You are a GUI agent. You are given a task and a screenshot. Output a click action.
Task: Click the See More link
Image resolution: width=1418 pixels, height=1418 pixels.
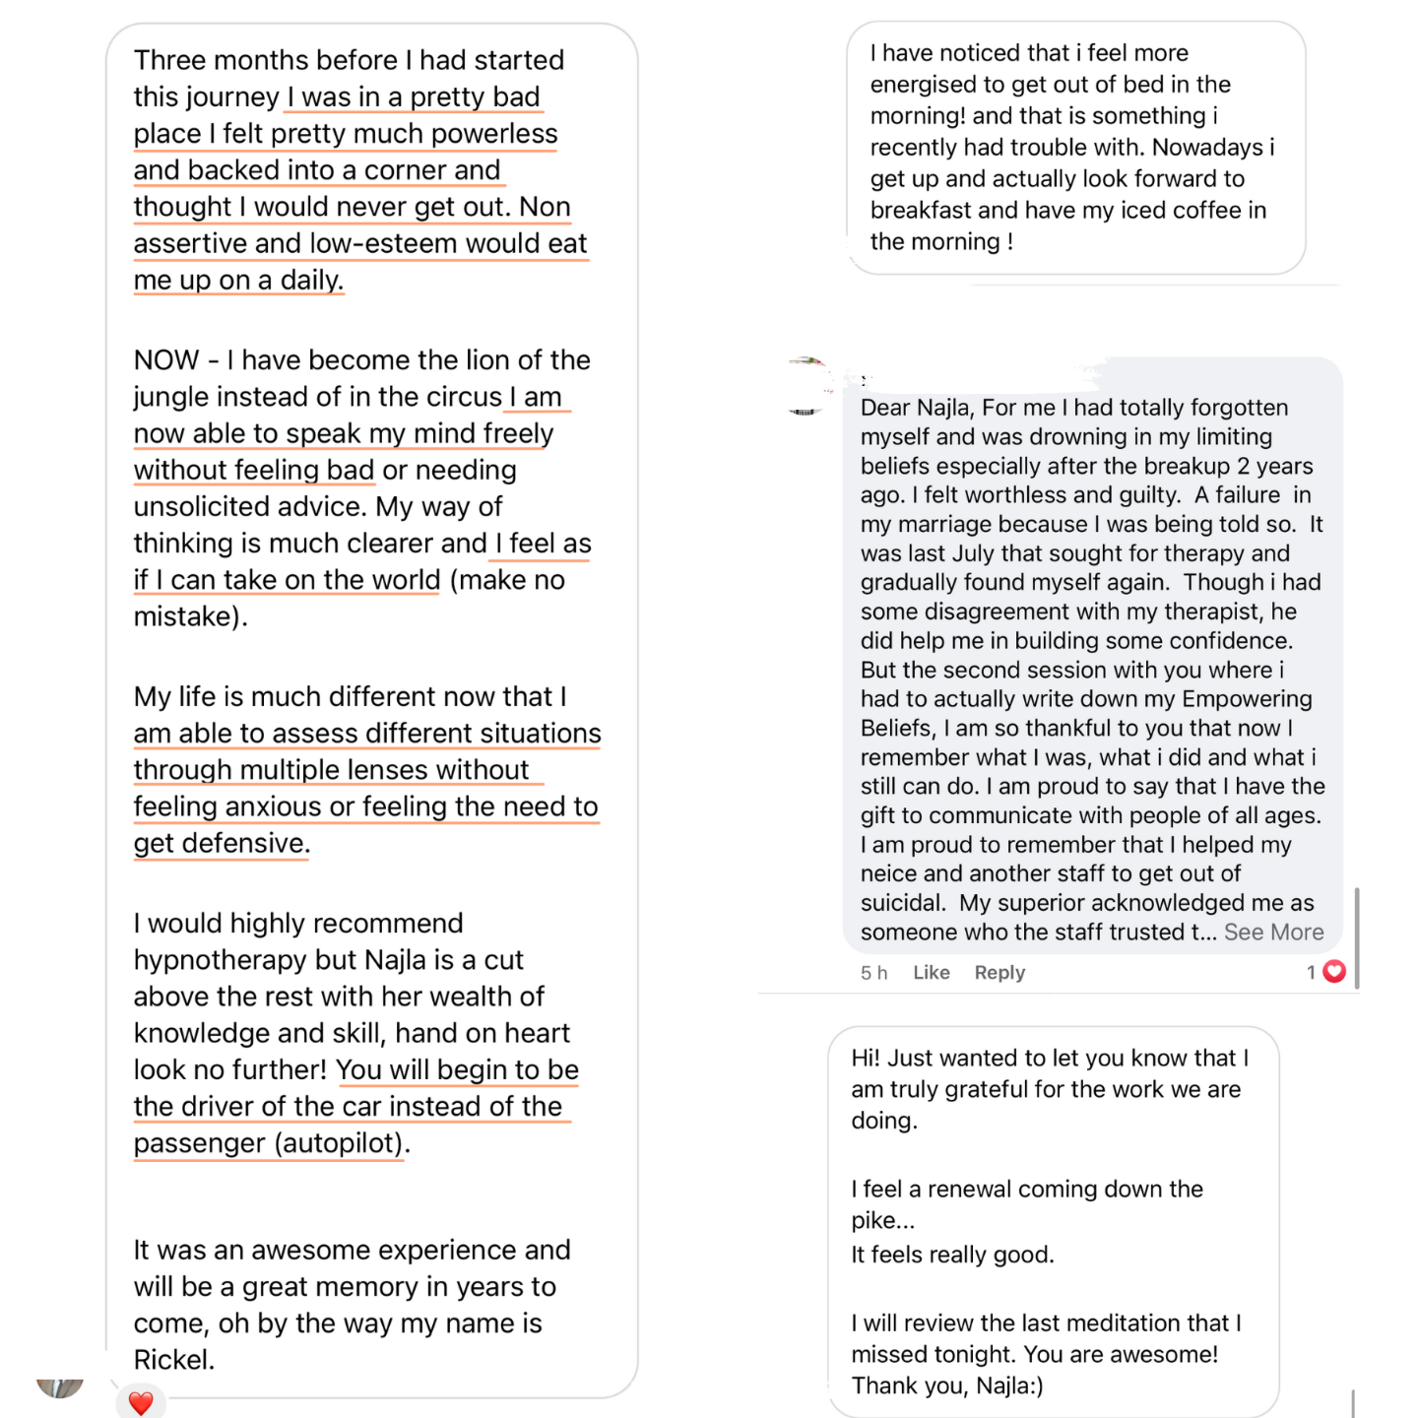click(1273, 932)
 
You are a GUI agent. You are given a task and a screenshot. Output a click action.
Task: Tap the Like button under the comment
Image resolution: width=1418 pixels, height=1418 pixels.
click(931, 972)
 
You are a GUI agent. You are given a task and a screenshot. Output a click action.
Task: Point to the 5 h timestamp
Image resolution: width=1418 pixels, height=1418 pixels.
click(873, 972)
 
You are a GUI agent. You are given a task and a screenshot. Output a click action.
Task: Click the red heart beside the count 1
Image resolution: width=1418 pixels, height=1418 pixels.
click(1334, 972)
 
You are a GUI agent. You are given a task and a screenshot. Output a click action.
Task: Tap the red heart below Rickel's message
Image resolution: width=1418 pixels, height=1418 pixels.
click(141, 1402)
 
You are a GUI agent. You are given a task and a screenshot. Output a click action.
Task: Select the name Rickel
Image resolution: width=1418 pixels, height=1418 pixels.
click(172, 1360)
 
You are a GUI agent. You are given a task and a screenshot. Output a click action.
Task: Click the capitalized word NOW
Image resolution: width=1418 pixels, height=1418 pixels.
click(166, 359)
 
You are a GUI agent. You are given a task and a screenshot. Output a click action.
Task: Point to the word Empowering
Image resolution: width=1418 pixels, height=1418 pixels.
click(1247, 699)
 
